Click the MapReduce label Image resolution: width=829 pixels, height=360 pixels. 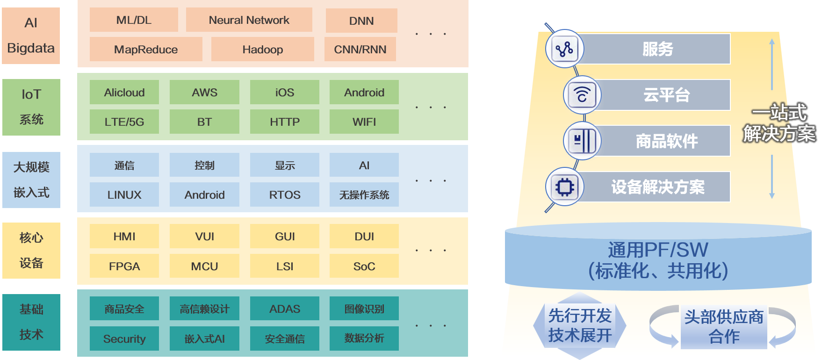click(146, 50)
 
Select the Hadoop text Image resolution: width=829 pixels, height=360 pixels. click(263, 50)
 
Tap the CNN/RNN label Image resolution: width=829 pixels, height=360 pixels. click(360, 50)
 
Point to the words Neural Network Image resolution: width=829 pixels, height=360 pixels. click(249, 20)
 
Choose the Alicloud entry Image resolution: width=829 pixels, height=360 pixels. click(124, 93)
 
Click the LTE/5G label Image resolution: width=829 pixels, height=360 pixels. click(124, 122)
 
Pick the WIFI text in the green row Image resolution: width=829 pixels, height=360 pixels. click(364, 122)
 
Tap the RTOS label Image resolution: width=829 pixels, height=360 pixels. click(285, 195)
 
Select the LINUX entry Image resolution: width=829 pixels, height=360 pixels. click(124, 195)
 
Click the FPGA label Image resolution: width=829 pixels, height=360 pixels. click(124, 266)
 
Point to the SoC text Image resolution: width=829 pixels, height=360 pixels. click(364, 266)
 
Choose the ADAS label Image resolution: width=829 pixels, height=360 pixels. click(285, 309)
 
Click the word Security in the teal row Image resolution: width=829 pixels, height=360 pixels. click(124, 339)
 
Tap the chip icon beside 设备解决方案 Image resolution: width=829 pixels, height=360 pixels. click(565, 187)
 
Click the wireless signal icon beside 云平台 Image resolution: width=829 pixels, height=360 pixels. click(582, 95)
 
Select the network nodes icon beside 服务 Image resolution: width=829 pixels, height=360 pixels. click(564, 49)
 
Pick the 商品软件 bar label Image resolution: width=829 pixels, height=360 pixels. click(667, 141)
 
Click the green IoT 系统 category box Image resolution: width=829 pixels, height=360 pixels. click(31, 107)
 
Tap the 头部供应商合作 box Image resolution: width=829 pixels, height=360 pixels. click(724, 326)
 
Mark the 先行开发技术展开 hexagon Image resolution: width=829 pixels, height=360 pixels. click(580, 325)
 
